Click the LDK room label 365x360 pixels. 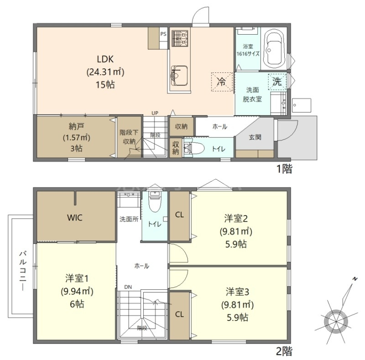tap(105, 59)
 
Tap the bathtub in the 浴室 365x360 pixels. tap(275, 48)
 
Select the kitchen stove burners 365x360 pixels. tap(180, 38)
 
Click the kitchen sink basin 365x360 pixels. tap(179, 76)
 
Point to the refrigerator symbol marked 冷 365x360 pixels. tap(222, 82)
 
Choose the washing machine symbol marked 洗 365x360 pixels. tap(277, 82)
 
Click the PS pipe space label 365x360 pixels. tap(163, 34)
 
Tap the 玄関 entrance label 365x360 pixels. tap(255, 137)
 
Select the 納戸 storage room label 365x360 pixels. tap(76, 127)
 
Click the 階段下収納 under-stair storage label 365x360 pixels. tap(129, 137)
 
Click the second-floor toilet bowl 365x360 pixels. tap(155, 201)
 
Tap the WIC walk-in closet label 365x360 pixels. tap(75, 218)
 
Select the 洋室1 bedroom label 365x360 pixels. tap(77, 278)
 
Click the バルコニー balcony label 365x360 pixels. tap(22, 271)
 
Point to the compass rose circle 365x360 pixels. tap(336, 322)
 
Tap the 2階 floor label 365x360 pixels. tap(284, 351)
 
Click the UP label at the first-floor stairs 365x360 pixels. tap(155, 113)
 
